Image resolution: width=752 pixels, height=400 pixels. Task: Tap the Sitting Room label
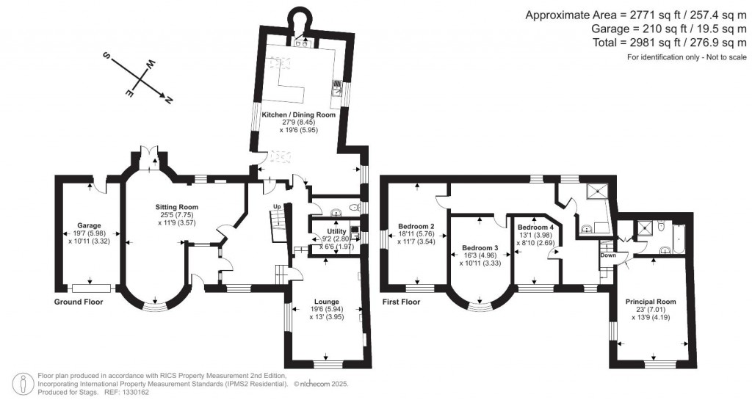click(176, 207)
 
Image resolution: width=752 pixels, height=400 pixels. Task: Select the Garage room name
click(89, 225)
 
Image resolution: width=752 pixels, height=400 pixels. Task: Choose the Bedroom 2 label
click(416, 225)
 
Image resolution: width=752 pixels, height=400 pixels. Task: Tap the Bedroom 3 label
click(480, 248)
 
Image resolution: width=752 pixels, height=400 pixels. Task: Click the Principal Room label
click(650, 302)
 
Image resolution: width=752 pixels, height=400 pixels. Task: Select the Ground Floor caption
click(79, 302)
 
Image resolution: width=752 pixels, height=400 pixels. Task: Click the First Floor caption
click(401, 302)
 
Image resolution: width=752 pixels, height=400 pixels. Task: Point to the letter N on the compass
click(169, 99)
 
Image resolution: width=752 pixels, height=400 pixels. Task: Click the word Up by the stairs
click(276, 206)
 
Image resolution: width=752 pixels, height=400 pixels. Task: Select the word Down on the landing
click(608, 255)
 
